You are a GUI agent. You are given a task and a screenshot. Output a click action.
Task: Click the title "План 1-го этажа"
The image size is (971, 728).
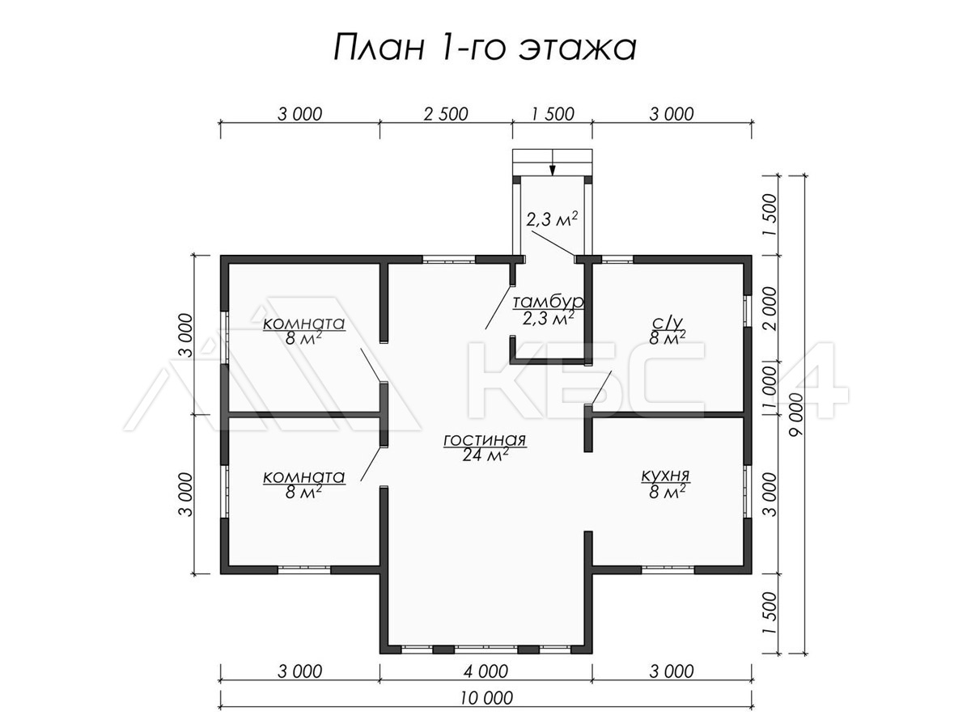coord(485,48)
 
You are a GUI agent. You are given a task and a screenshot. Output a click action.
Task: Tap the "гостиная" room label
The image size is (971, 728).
coord(485,440)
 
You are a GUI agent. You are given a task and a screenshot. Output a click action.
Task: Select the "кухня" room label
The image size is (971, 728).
coord(665,476)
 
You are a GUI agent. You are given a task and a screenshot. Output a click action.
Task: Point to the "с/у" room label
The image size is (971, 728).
coord(667,324)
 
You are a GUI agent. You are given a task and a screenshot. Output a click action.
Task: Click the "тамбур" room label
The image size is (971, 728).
coord(548,302)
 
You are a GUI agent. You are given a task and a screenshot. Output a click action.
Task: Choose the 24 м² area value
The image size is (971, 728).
coord(485,455)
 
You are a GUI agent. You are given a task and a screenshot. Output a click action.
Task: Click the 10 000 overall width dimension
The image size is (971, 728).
coord(486,698)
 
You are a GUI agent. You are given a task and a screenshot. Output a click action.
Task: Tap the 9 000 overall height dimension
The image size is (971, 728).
coord(796,415)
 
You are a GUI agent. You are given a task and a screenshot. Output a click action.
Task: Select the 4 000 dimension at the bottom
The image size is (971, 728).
coord(485,671)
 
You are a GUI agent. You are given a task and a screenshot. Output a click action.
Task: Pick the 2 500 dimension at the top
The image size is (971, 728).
coord(446,114)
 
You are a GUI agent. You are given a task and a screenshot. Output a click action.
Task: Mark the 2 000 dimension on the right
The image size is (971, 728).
coord(770,308)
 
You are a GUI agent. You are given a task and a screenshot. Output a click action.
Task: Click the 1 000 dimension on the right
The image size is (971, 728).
coord(770,387)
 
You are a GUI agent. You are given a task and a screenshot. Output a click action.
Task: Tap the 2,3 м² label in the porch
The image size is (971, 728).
coord(552,219)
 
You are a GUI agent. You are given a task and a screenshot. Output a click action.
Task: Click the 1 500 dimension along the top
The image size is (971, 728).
coord(553,114)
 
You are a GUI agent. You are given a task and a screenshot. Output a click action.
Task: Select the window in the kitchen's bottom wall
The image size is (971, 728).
coord(668,569)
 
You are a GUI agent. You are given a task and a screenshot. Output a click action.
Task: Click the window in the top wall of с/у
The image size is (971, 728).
coord(617,260)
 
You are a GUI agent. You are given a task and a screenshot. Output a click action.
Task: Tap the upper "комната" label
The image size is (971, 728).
coord(303,324)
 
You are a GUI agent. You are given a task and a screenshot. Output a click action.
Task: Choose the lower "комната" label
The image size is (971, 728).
coord(303,477)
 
